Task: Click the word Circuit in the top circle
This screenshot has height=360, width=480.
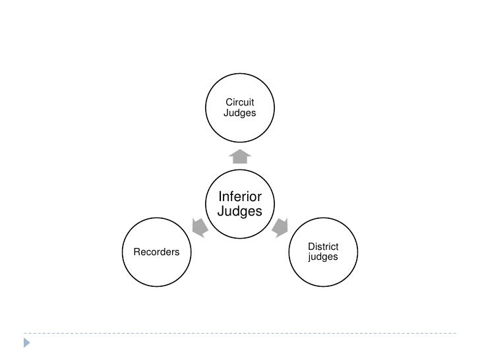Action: [240, 102]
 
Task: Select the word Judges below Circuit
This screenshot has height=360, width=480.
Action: [240, 113]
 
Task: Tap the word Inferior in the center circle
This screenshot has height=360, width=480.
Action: [240, 197]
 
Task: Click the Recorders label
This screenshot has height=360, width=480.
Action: [157, 251]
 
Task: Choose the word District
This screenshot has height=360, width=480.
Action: [323, 246]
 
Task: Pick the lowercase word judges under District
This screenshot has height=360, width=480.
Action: [323, 257]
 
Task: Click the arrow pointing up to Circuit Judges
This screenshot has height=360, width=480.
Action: [240, 156]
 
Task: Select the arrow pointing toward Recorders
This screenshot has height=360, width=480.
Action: [200, 227]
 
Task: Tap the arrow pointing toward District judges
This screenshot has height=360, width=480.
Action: [280, 227]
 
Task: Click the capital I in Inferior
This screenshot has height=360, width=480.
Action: [220, 197]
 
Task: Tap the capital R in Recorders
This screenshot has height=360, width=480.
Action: [137, 251]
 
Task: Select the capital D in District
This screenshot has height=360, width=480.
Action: [311, 246]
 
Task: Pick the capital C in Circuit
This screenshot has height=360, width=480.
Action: [229, 102]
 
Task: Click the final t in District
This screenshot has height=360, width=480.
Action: [337, 246]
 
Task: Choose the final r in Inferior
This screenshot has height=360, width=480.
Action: [260, 197]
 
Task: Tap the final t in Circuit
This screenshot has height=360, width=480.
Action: [253, 102]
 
